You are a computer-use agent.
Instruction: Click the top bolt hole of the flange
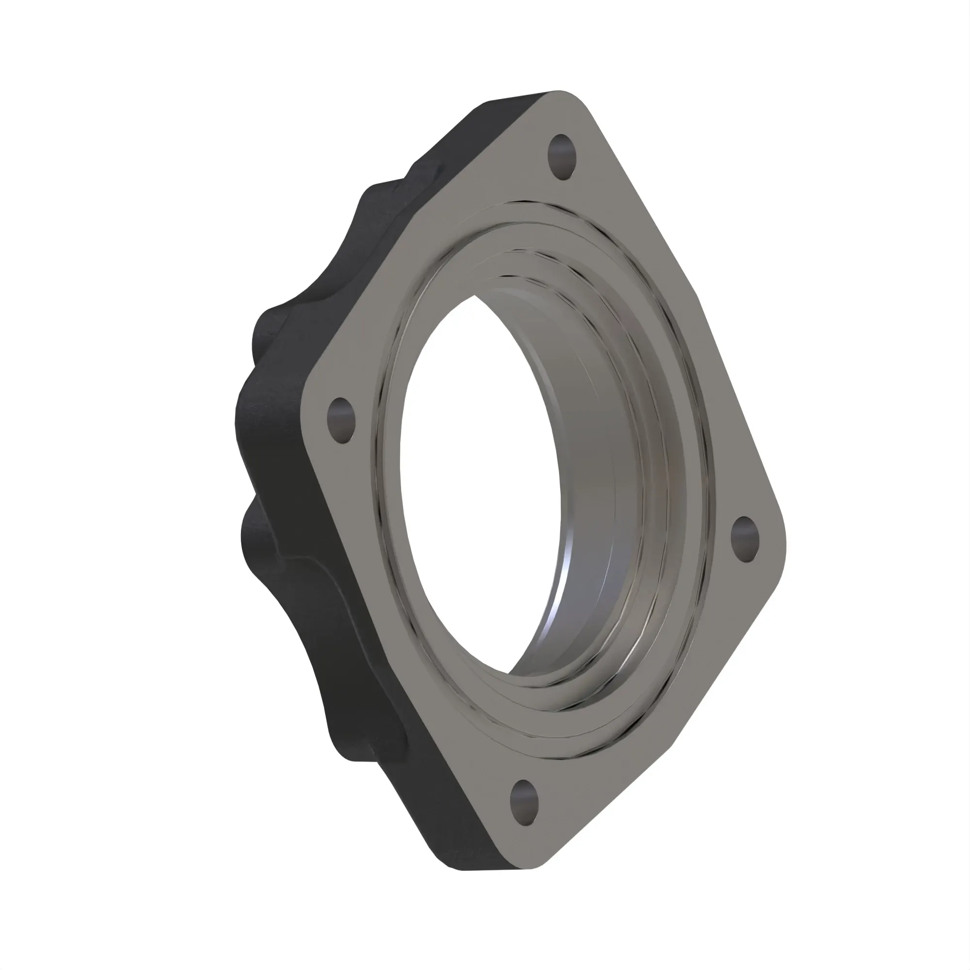(x=561, y=157)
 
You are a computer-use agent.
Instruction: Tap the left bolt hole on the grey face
(x=341, y=420)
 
